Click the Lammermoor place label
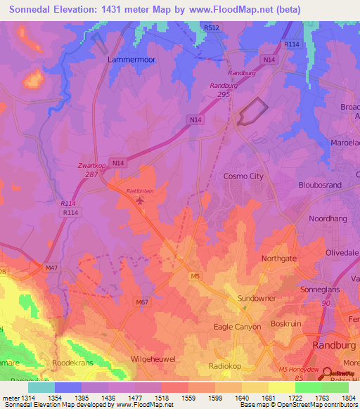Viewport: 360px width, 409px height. (131, 60)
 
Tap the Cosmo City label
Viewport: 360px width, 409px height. (243, 176)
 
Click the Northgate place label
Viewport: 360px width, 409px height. (279, 259)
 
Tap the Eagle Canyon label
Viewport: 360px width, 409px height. (237, 327)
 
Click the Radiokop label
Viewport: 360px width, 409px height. (226, 366)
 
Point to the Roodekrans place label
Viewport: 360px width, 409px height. (72, 363)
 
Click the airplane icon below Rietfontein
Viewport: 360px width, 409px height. (139, 202)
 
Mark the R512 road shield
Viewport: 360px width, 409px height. (211, 27)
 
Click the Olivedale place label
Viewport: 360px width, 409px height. (342, 252)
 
